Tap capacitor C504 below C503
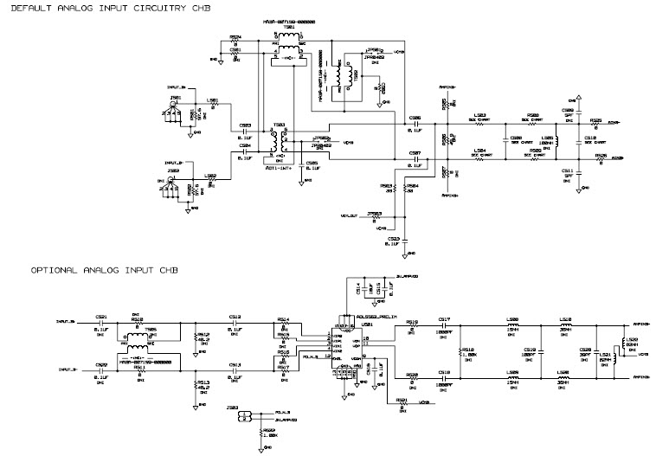coord(246,151)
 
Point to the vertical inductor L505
coord(556,142)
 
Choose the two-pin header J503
coord(244,416)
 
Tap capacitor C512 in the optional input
coord(235,323)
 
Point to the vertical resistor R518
coord(460,352)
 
